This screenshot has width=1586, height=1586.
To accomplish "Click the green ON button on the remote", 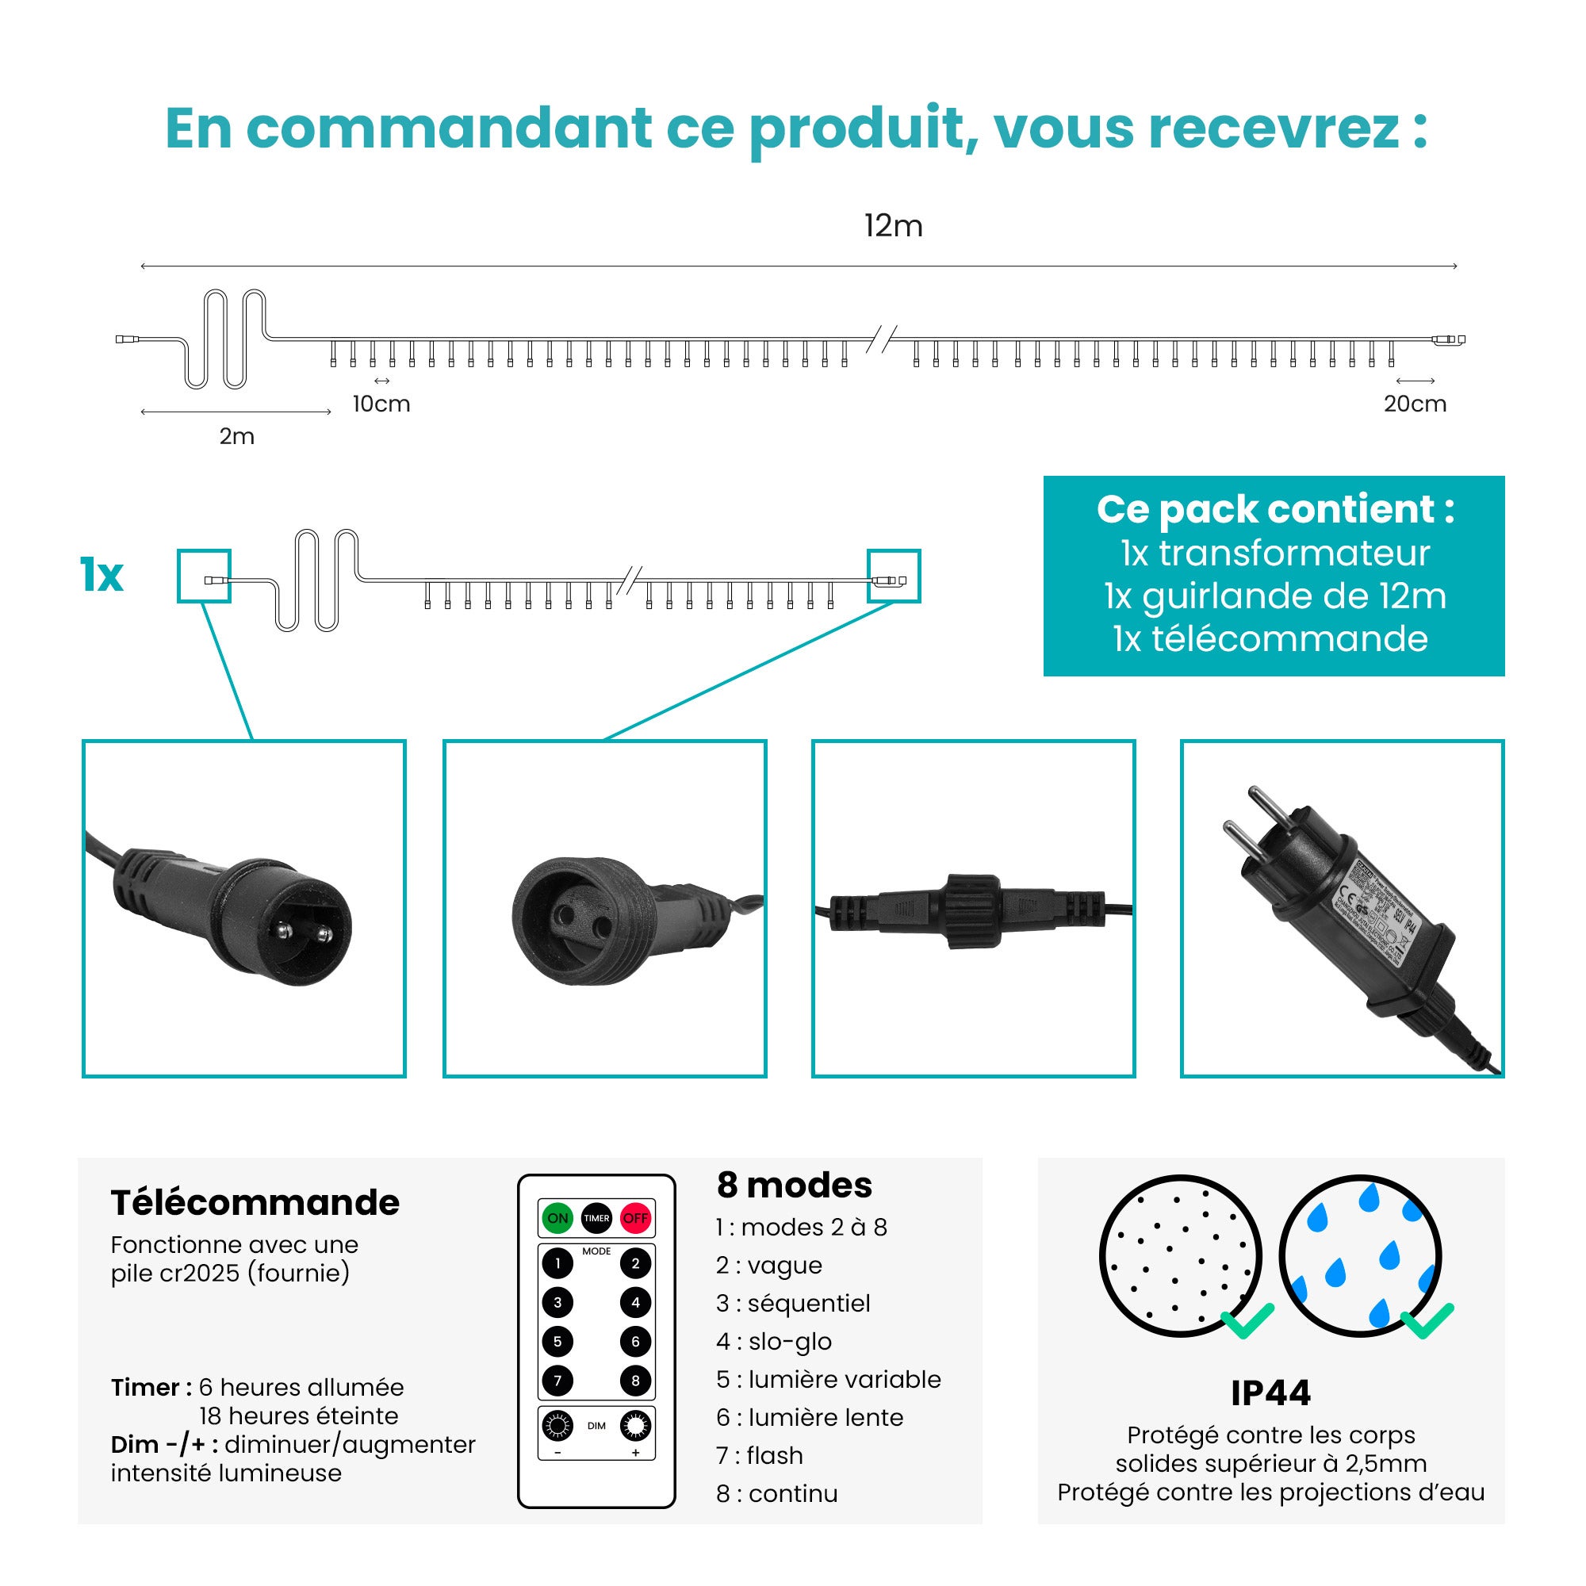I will click(x=557, y=1218).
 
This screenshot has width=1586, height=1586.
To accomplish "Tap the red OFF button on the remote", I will click(x=635, y=1218).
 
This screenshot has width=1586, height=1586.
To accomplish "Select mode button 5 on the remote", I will click(x=557, y=1342).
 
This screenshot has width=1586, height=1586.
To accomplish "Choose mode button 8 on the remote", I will click(x=635, y=1381).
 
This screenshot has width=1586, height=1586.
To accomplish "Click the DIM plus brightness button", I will click(x=635, y=1427).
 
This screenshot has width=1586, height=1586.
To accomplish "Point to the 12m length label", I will click(x=893, y=226).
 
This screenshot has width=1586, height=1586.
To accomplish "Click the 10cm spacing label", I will click(x=381, y=404).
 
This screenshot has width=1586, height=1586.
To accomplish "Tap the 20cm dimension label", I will click(x=1415, y=404).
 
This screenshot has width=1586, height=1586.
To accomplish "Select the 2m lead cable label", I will click(x=236, y=437).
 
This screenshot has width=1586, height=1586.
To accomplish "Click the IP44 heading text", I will click(x=1270, y=1393).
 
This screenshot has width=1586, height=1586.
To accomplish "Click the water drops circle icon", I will click(x=1360, y=1256).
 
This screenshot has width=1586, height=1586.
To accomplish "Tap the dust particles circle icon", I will click(x=1181, y=1256).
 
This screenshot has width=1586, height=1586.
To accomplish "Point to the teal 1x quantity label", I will click(x=101, y=575).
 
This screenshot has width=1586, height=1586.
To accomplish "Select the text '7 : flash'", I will click(x=760, y=1455).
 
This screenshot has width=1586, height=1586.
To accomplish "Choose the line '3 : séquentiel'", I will click(x=792, y=1304).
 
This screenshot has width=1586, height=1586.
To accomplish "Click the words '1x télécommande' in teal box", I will click(x=1270, y=638).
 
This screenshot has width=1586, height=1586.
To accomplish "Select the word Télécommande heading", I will click(x=255, y=1203).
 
